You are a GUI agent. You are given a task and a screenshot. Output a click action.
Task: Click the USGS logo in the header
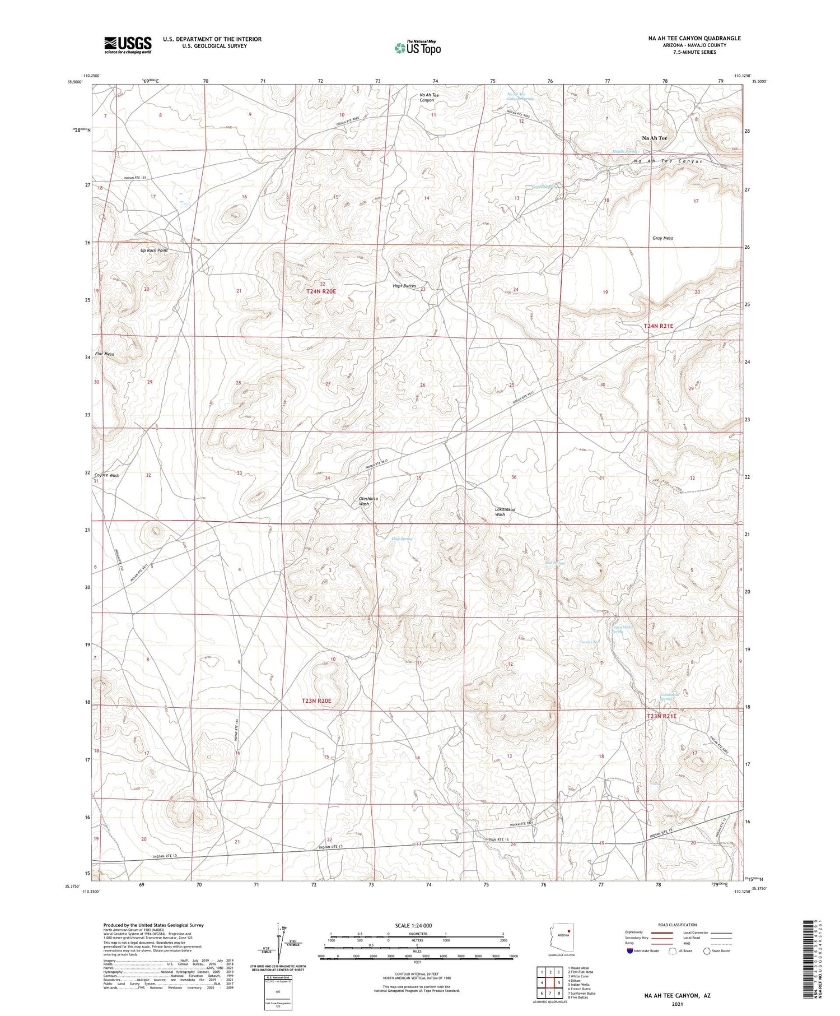tap(128, 45)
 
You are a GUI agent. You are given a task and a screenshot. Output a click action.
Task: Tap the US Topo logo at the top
tap(418, 48)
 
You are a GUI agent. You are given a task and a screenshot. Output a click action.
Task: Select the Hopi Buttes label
tap(404, 286)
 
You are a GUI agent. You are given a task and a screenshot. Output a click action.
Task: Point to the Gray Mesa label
tap(662, 238)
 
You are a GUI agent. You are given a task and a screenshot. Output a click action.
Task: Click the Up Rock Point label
tap(154, 250)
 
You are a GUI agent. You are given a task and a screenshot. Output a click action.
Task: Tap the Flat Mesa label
tap(105, 354)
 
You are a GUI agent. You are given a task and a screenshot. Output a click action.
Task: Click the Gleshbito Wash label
tap(368, 501)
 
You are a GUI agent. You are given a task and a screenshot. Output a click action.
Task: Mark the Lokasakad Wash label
tap(505, 512)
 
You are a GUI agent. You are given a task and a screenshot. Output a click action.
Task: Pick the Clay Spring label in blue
tap(402, 539)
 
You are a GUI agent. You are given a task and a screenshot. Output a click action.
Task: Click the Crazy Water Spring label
tap(622, 629)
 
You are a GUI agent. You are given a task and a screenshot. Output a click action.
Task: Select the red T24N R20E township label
tap(321, 291)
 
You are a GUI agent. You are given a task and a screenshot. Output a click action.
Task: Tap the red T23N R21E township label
tap(661, 716)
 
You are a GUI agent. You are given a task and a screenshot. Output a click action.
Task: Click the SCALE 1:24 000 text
tap(413, 925)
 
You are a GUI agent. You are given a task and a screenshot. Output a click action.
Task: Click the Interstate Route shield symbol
tap(630, 950)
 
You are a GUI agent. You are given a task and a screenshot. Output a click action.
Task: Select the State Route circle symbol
tap(707, 950)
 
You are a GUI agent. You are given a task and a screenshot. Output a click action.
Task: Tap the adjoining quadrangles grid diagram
tap(550, 982)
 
